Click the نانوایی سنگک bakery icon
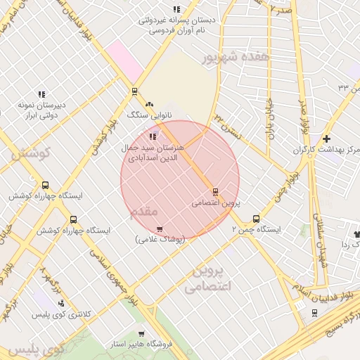[x=149, y=104]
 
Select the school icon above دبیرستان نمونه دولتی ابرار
[x=41, y=94]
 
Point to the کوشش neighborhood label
[x=29, y=153]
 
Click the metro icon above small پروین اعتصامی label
[x=215, y=191]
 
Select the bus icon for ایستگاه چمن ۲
[x=256, y=219]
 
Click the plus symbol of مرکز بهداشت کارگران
[x=326, y=139]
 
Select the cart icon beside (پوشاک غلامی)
[x=160, y=229]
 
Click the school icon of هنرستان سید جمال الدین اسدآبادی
[x=153, y=136]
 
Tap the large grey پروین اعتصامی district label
[x=207, y=279]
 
